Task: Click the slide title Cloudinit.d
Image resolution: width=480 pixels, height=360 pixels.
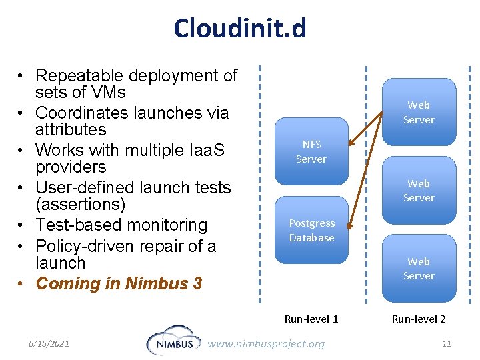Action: [x=240, y=29]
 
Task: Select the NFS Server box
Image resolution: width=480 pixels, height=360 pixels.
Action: [x=311, y=151]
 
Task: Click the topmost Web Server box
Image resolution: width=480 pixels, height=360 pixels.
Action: [x=419, y=112]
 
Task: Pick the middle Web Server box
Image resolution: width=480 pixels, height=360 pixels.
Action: [x=419, y=190]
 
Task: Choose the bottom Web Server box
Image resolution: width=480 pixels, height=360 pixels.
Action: [x=419, y=269]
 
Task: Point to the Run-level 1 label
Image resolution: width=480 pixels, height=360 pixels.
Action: [x=311, y=319]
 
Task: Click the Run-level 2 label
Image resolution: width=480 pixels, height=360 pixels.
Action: [x=419, y=319]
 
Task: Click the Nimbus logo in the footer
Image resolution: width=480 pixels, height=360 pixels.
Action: [x=172, y=341]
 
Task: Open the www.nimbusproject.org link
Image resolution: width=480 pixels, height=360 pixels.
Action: [x=266, y=343]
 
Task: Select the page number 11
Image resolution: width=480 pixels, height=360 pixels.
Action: [x=447, y=343]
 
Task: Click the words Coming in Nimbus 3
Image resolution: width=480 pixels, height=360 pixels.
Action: [x=119, y=283]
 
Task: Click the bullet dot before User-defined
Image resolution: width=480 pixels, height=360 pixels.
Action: [x=22, y=189]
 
